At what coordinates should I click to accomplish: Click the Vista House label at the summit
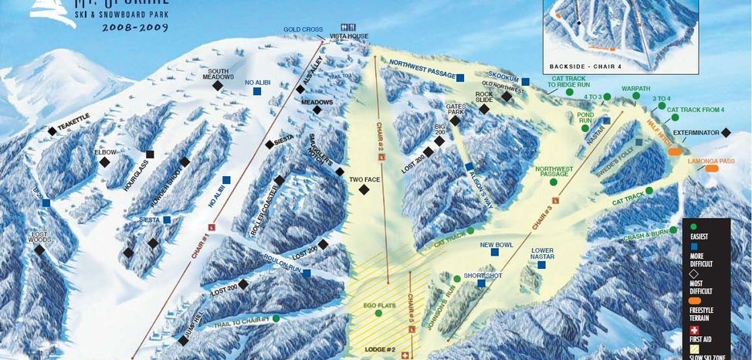click(x=348, y=37)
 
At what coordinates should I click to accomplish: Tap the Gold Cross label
click(x=303, y=30)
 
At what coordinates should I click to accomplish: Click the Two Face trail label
click(x=364, y=179)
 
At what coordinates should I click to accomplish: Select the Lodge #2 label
click(x=379, y=350)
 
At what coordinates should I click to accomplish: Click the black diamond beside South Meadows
click(x=217, y=87)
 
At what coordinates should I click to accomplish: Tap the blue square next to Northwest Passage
click(x=460, y=77)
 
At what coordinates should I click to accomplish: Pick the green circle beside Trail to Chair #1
click(x=276, y=318)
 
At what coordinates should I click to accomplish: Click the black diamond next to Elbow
click(x=105, y=162)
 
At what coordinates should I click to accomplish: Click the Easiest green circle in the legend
click(x=694, y=227)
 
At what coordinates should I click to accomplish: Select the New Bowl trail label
click(x=496, y=245)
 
